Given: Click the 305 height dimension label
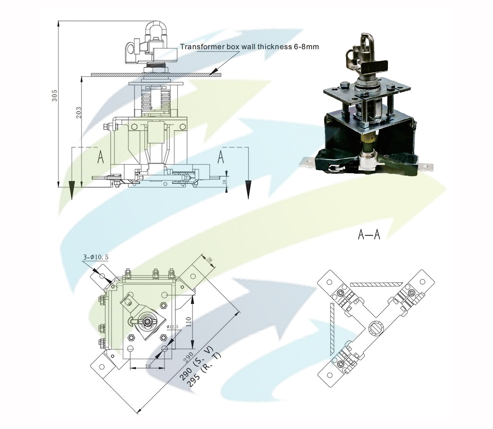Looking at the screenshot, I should (x=54, y=96).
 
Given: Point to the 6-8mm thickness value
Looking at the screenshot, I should (x=304, y=47).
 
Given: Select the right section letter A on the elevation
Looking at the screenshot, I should (x=221, y=157).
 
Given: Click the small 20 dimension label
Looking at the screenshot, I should (x=225, y=182).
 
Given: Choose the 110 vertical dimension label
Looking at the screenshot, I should (x=189, y=321).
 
